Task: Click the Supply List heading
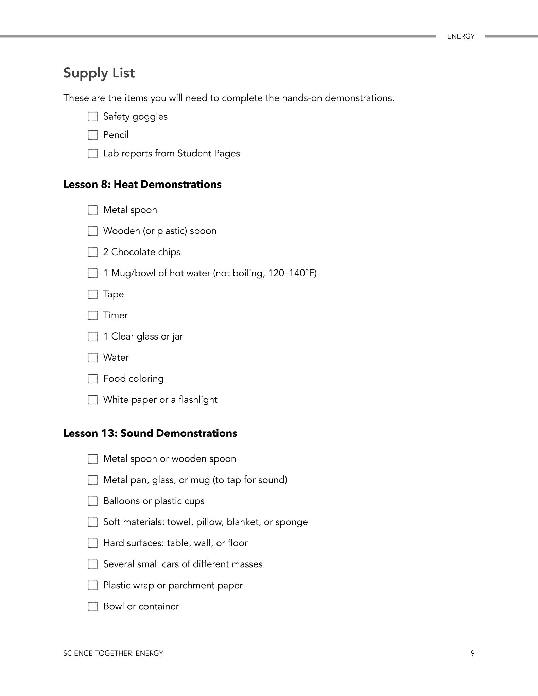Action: [99, 73]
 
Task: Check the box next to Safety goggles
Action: [92, 117]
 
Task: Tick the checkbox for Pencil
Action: [92, 135]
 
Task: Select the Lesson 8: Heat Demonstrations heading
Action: [142, 185]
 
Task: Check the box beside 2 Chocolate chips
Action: [92, 252]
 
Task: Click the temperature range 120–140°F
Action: [291, 273]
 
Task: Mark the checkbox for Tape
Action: [92, 294]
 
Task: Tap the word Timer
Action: [116, 315]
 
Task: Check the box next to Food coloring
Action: [92, 379]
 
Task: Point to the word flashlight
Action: [198, 400]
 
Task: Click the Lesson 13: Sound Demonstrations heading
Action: [150, 433]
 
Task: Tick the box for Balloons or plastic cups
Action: [92, 501]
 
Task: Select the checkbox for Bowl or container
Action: [92, 606]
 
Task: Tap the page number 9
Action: [472, 653]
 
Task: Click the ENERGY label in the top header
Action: [461, 36]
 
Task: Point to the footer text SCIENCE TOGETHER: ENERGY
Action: [113, 653]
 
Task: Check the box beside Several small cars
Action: [92, 564]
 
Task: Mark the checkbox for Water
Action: [92, 358]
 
